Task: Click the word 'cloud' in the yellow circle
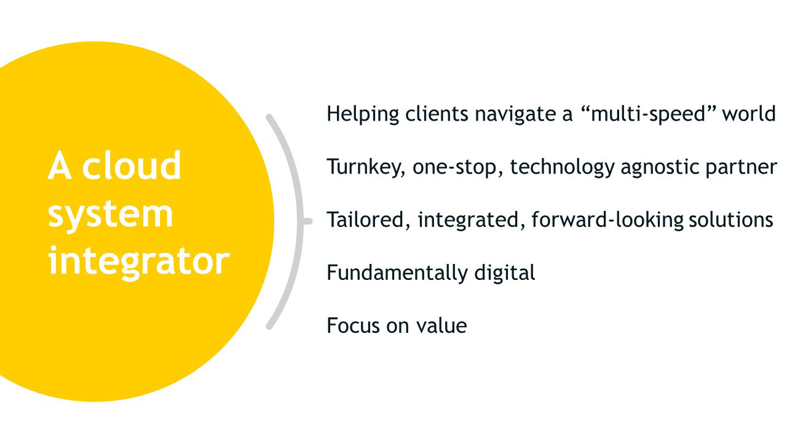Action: coord(132,166)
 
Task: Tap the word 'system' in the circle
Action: coord(110,215)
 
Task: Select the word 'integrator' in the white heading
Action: coord(139,262)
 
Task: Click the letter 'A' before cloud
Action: coord(60,166)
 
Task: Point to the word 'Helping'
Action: coord(363,114)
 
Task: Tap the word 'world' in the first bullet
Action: coord(749,114)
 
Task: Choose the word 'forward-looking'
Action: coord(607,220)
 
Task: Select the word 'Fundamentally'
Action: coord(397,273)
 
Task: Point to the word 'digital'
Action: coord(505,273)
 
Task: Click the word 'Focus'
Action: coord(353,325)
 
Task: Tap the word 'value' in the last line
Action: coord(441,325)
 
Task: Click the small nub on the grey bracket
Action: coord(307,221)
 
